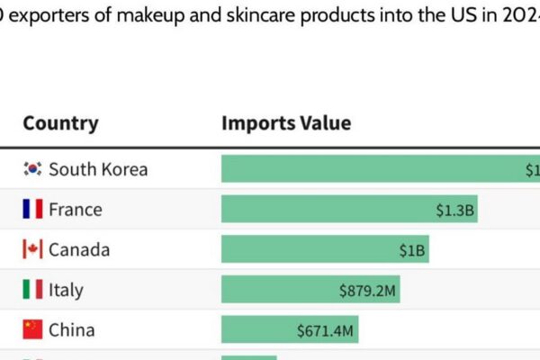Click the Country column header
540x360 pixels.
[60, 123]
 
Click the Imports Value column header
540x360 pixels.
[286, 123]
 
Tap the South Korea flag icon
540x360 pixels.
[33, 169]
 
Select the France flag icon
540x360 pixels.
[33, 210]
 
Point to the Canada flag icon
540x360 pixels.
[33, 249]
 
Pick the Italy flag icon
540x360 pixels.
[33, 290]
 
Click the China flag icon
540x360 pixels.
[33, 330]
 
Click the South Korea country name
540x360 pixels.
[98, 169]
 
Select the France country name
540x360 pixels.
[76, 210]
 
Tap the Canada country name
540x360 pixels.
[79, 249]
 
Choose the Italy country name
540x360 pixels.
[66, 290]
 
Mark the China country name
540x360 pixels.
[71, 330]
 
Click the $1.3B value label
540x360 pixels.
[455, 210]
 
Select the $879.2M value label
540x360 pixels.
[368, 291]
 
